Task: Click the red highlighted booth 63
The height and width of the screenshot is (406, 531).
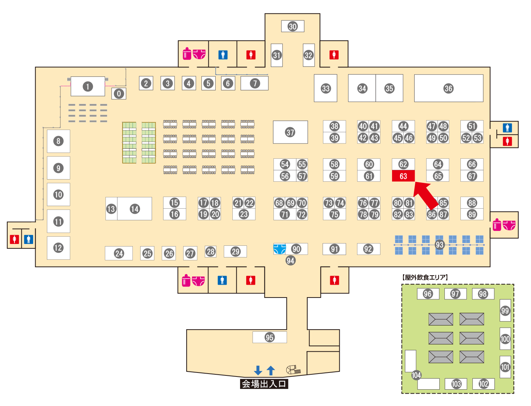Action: tap(403, 176)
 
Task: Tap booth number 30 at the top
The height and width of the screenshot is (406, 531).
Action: tap(292, 26)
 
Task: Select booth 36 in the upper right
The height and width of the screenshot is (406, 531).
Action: tap(448, 88)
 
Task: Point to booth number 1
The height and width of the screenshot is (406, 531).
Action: tap(87, 86)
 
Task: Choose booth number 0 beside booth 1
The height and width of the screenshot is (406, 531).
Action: tap(119, 94)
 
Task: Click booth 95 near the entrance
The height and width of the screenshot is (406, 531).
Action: tap(270, 337)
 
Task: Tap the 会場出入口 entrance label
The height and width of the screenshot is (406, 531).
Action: tap(264, 384)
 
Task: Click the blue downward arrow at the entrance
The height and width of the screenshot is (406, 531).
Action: tap(258, 370)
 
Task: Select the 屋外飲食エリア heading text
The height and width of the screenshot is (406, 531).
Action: tap(425, 277)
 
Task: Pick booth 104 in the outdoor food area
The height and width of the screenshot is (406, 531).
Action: tap(416, 375)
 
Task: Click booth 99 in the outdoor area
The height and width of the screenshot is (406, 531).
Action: tap(505, 310)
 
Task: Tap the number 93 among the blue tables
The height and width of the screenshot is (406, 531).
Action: tap(439, 245)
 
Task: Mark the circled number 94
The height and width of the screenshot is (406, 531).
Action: tap(290, 260)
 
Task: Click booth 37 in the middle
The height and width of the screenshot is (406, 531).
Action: tap(290, 132)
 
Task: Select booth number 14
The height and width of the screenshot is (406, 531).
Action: tap(135, 209)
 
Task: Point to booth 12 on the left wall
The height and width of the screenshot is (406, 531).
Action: tap(58, 248)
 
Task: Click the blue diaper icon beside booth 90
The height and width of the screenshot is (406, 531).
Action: tap(279, 249)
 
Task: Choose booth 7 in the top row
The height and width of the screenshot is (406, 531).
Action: tap(255, 83)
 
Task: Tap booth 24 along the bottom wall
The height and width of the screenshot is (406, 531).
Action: tap(119, 253)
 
